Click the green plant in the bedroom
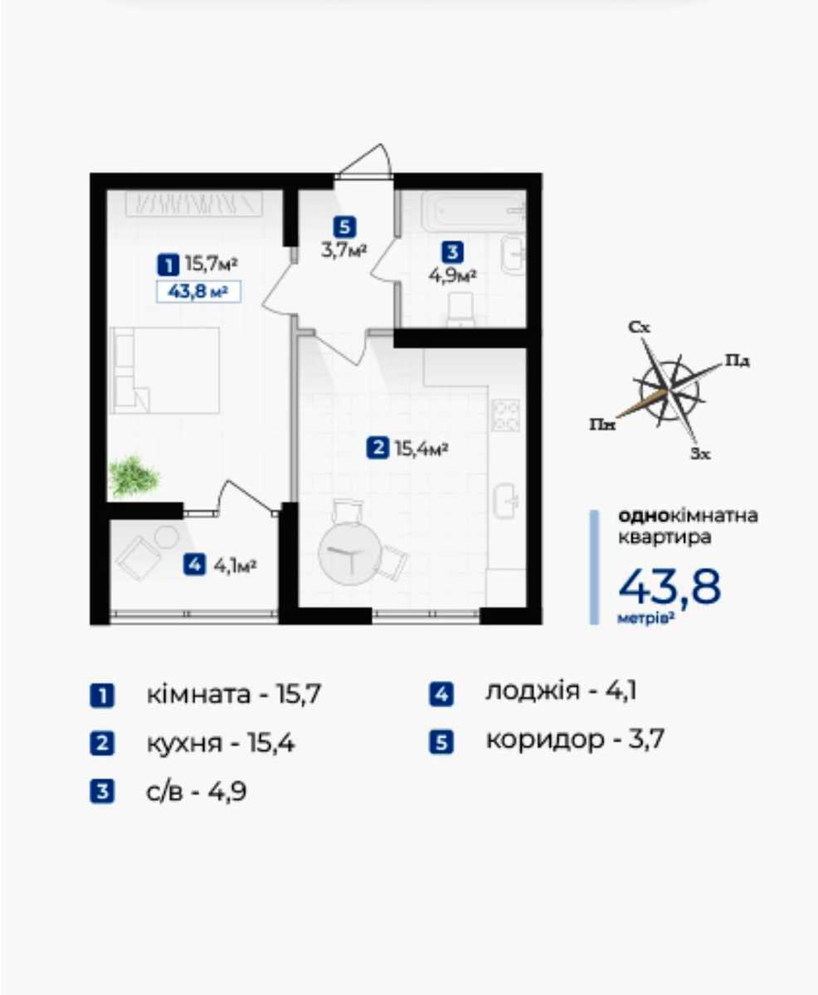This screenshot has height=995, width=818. pyautogui.click(x=134, y=476)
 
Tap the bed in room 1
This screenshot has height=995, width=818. pyautogui.click(x=166, y=371)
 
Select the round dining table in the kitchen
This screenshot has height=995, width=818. pyautogui.click(x=349, y=555)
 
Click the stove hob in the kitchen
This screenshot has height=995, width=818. pyautogui.click(x=506, y=415)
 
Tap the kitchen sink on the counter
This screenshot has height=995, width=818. pyautogui.click(x=506, y=501)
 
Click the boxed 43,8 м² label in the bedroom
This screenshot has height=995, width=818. pyautogui.click(x=199, y=292)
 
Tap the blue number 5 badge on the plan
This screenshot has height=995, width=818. pyautogui.click(x=344, y=227)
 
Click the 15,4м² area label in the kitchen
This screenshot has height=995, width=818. pyautogui.click(x=421, y=449)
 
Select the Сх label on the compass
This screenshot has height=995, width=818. pyautogui.click(x=639, y=327)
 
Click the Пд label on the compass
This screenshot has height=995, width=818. pyautogui.click(x=738, y=362)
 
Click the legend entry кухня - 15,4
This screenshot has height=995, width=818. pyautogui.click(x=221, y=744)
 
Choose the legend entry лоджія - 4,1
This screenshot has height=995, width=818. pyautogui.click(x=561, y=692)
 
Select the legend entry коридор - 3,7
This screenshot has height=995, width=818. pyautogui.click(x=576, y=740)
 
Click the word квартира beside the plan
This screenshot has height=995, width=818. pyautogui.click(x=665, y=537)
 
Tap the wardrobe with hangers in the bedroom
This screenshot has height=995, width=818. pyautogui.click(x=194, y=204)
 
